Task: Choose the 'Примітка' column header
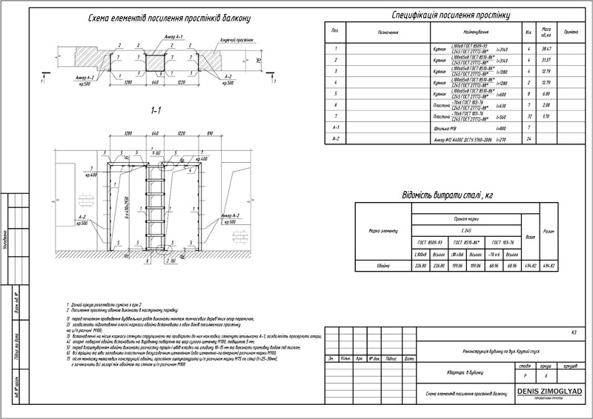[x=571, y=33]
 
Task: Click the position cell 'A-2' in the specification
[x=337, y=138]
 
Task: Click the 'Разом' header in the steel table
[x=549, y=230]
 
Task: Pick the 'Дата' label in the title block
[x=408, y=358]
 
